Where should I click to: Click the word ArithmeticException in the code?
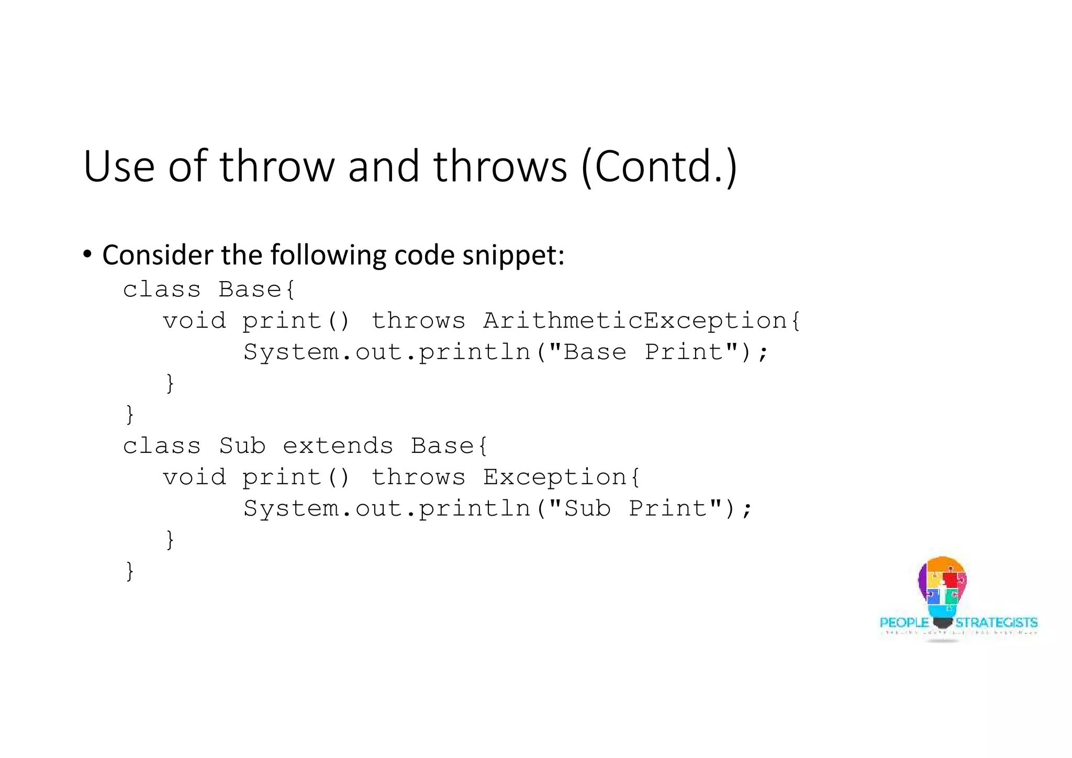(x=634, y=320)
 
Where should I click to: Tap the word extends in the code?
(x=338, y=446)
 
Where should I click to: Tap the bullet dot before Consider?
(x=87, y=255)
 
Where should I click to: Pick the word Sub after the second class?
(x=242, y=446)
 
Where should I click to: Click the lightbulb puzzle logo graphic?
(x=942, y=589)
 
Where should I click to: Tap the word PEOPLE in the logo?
(x=904, y=623)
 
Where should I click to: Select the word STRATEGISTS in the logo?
(x=997, y=623)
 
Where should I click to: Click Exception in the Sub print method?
(x=554, y=477)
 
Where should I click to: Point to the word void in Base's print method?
(x=194, y=320)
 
